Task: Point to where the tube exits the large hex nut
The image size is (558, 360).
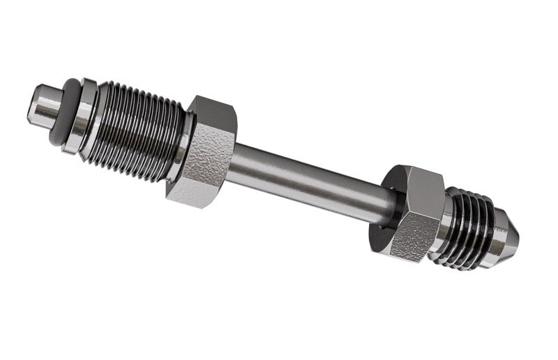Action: tap(234, 162)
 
